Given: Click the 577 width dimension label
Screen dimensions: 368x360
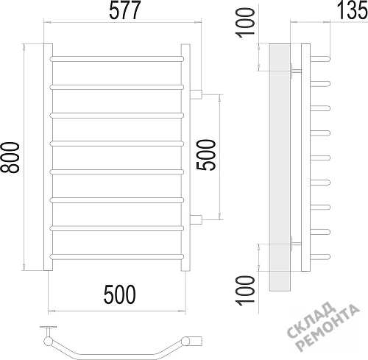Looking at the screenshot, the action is tap(125, 10).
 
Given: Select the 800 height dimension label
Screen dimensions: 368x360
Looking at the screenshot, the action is tap(10, 158).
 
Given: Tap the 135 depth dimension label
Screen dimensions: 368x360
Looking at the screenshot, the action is tap(353, 10).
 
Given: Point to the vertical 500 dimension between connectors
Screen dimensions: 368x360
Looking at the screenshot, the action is tap(206, 155).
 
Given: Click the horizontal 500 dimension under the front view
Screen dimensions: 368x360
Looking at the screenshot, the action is tap(120, 294).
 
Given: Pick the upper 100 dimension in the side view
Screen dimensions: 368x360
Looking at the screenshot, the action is tap(245, 23).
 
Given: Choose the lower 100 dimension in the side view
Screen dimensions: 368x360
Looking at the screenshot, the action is tap(245, 291).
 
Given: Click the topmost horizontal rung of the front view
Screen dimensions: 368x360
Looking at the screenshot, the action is tap(117, 59).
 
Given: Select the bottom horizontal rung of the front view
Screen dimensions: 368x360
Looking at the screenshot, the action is tap(117, 257).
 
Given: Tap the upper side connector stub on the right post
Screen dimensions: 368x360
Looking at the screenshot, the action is tap(196, 94).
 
